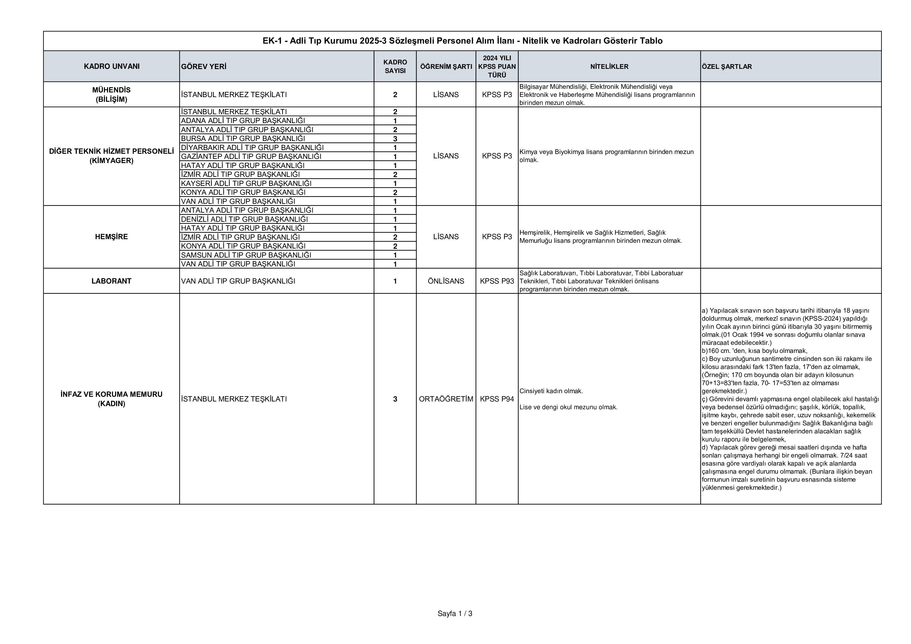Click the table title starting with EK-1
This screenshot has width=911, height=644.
tap(462, 41)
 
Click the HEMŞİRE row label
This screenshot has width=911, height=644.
tap(111, 237)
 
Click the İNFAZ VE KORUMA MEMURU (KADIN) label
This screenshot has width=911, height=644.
tap(111, 399)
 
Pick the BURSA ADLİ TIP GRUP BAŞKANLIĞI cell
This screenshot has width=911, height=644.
tap(243, 139)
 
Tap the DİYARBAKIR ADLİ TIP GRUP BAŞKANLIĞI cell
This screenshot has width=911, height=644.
tap(252, 147)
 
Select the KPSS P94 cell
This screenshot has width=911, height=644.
tap(497, 399)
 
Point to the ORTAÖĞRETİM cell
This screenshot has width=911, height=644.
tap(446, 399)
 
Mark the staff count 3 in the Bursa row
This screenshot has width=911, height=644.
tap(395, 139)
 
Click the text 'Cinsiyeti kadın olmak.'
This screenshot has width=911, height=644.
tap(551, 391)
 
